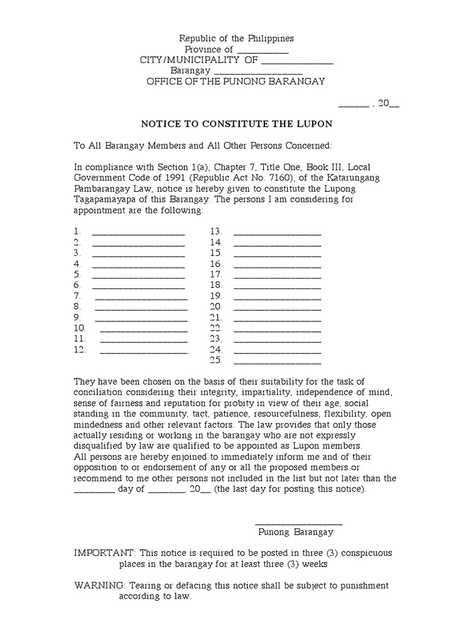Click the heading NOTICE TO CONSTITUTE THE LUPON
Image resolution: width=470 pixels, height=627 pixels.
pyautogui.click(x=236, y=124)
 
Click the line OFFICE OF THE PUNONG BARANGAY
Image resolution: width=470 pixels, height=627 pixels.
pyautogui.click(x=236, y=81)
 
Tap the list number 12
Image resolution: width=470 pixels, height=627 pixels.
pyautogui.click(x=79, y=350)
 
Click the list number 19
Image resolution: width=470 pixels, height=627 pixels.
pyautogui.click(x=215, y=296)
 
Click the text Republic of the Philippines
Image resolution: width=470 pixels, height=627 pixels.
pyautogui.click(x=236, y=39)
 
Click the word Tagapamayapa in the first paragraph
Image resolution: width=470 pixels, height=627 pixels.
pyautogui.click(x=102, y=200)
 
